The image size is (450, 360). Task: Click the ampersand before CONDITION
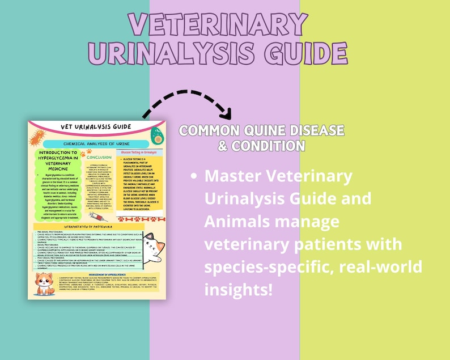point(223,146)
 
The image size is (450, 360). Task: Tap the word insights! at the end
point(238,290)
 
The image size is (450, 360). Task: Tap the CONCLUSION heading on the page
point(98,157)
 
